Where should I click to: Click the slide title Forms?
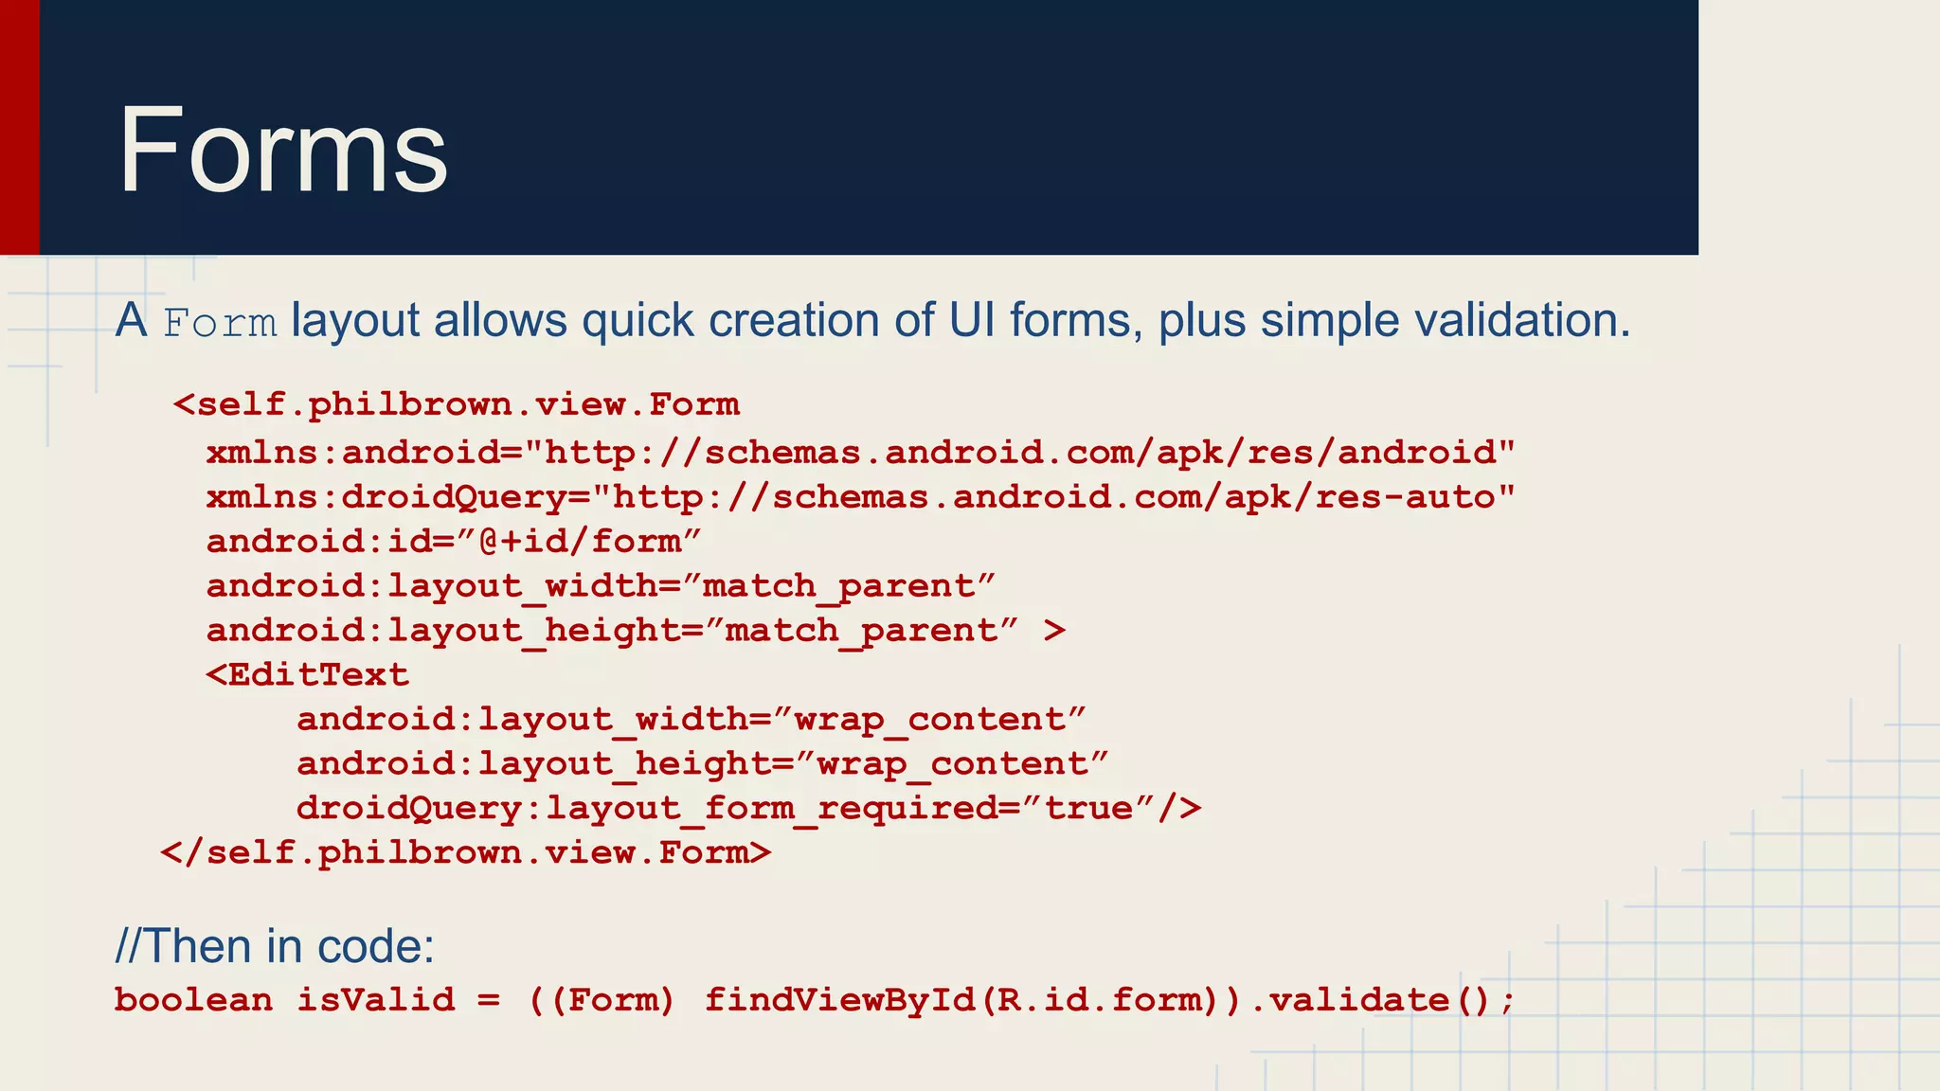tap(282, 152)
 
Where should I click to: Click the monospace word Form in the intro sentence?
tap(220, 323)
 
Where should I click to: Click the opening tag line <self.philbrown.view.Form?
tap(456, 405)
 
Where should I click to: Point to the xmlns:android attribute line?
tap(860, 453)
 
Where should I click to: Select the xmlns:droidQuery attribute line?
tap(860, 497)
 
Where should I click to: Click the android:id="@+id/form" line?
tap(454, 542)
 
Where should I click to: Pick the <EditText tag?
tap(308, 675)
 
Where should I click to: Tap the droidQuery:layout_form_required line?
tap(748, 809)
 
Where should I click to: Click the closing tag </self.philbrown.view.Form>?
tap(466, 853)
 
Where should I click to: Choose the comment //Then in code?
tap(275, 946)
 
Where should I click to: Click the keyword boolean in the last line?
tap(193, 1000)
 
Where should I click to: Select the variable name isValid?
tap(376, 1000)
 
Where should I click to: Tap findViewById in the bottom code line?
tap(840, 1000)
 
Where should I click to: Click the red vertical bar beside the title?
tap(19, 127)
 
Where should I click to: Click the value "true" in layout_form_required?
tap(1099, 809)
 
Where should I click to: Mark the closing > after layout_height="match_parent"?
tap(1054, 631)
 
